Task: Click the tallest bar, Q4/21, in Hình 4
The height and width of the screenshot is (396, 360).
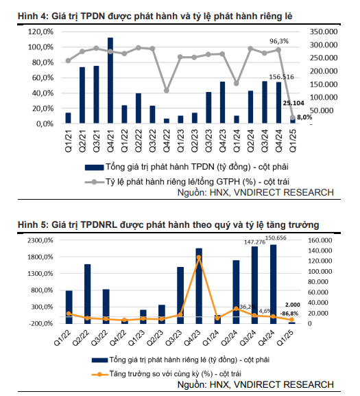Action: (110, 80)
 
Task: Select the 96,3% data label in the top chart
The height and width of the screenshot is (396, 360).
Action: (279, 41)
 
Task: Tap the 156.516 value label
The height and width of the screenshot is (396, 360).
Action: (282, 77)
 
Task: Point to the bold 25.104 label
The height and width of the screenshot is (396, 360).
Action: (293, 103)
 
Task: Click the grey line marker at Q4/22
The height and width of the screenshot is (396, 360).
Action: (167, 91)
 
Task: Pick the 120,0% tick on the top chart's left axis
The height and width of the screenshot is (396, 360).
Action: (40, 32)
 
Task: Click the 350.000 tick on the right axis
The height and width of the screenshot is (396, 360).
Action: (324, 32)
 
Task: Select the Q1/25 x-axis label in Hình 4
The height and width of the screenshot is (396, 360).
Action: (293, 141)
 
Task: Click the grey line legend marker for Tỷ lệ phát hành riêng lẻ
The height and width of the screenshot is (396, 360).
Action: (94, 182)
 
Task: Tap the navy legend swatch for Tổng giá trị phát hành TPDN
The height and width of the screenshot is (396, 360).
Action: (94, 167)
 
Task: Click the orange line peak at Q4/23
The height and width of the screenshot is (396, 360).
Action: (199, 258)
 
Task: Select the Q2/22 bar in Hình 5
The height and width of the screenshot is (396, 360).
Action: (88, 294)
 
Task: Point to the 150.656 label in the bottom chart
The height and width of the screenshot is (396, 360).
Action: (276, 238)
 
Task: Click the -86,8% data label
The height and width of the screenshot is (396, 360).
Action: (289, 314)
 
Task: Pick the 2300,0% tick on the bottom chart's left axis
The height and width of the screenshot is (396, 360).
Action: (40, 240)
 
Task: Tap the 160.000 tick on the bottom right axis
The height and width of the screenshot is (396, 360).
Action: (320, 240)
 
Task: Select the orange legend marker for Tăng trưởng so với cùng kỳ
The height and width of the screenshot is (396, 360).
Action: (99, 374)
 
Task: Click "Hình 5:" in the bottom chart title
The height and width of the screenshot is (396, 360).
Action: (33, 224)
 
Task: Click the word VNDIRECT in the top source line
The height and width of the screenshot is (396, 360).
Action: (257, 192)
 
